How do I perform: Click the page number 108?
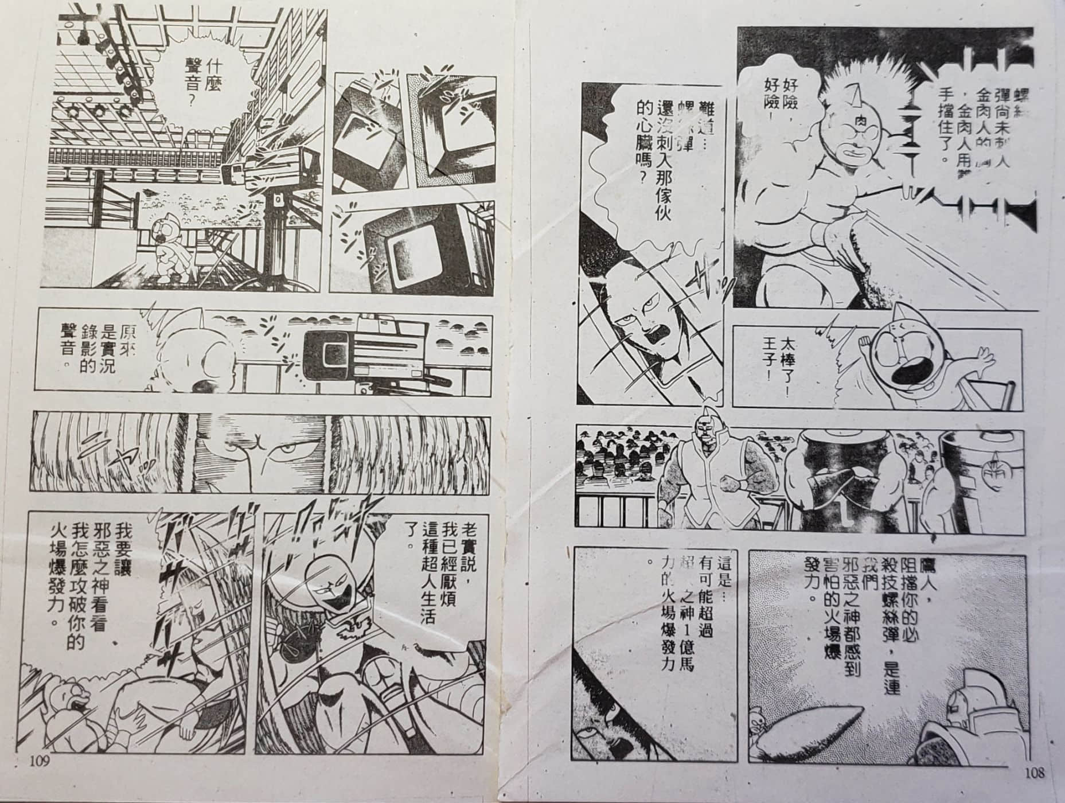1032,773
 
